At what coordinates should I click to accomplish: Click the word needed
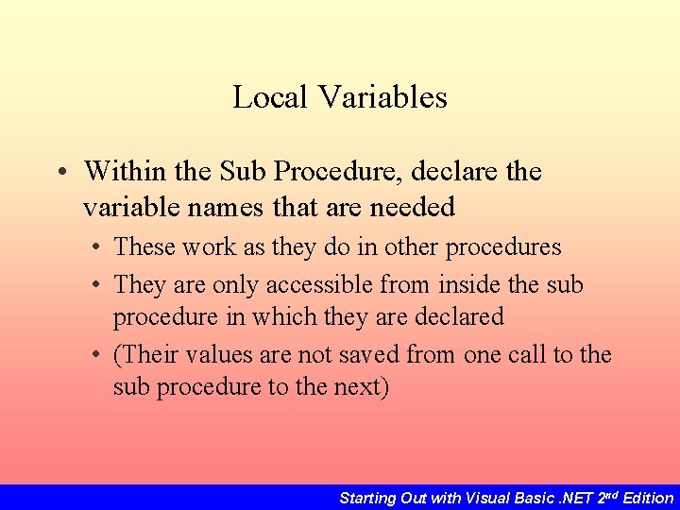413,206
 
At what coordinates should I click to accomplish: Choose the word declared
458,316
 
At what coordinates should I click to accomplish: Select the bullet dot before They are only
97,285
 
